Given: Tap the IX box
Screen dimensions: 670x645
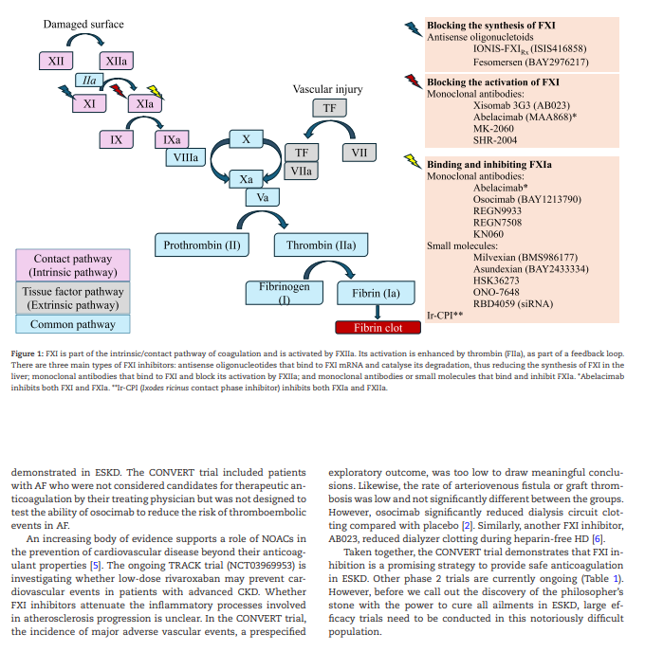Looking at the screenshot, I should coord(116,140).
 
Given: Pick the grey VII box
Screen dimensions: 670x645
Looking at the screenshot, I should coord(359,153).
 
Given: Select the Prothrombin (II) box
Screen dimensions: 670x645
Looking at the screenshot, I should coord(203,246).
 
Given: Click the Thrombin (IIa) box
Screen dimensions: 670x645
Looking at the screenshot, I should coord(322,246).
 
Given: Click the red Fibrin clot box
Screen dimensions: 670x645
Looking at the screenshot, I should coord(378,328).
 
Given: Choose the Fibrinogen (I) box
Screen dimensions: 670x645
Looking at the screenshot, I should coord(284,292).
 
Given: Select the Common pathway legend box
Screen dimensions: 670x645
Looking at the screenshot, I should coord(72,324).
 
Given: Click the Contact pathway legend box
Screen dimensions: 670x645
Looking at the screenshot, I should coord(72,265).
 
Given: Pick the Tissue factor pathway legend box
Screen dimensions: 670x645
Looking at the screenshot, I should coord(72,299).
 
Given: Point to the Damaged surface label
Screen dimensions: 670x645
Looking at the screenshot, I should coord(83,24).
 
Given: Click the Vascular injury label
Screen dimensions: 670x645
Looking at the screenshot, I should coord(327,89).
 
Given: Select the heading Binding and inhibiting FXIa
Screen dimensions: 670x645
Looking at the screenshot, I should coord(489,164).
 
